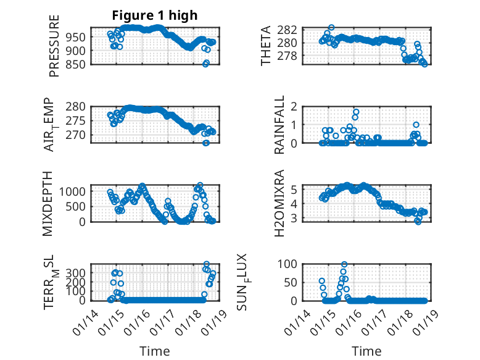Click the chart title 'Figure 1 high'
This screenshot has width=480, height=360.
(154, 15)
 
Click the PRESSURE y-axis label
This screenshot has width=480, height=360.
(54, 50)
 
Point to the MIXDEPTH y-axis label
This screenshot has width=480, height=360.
(48, 203)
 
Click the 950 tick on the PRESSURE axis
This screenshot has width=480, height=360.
(78, 36)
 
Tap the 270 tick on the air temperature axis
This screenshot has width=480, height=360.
(78, 135)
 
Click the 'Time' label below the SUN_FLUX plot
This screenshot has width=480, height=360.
(366, 351)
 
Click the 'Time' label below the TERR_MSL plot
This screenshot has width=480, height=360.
(154, 351)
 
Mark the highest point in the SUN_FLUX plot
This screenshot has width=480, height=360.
(344, 264)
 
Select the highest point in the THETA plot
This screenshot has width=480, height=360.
(331, 28)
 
